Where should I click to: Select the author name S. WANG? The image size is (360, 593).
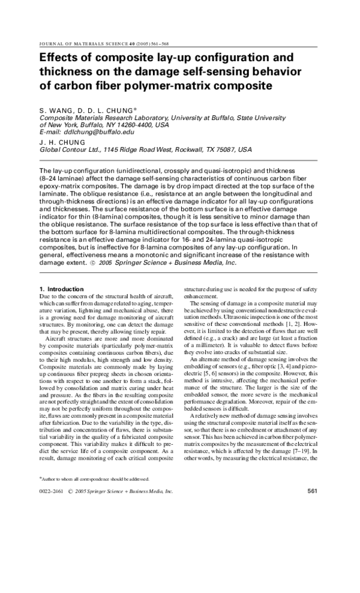(55, 110)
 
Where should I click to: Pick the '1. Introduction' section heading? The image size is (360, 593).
(62, 289)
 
